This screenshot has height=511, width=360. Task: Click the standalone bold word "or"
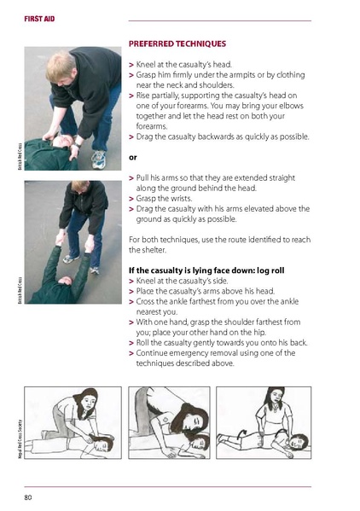[x=132, y=158]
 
